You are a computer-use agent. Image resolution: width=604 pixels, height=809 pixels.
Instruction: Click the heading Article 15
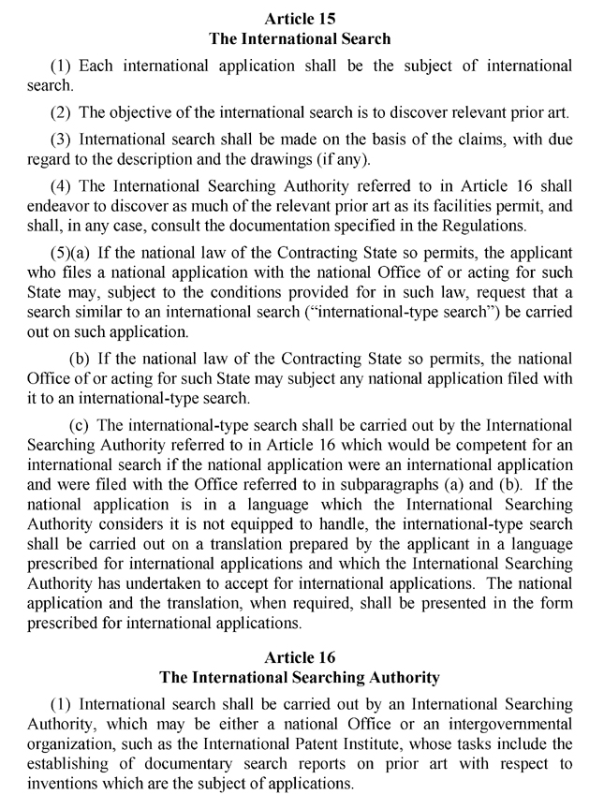tap(301, 19)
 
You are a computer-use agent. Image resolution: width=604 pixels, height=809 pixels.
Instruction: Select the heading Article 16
tap(301, 657)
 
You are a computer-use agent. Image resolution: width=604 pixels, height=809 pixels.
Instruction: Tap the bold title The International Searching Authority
tap(301, 677)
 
